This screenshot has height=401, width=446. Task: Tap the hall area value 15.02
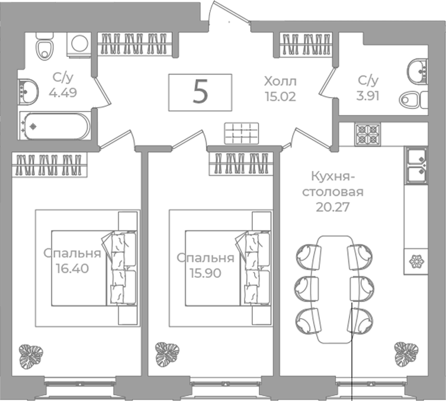pos(281,97)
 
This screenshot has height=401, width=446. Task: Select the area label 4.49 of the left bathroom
pos(63,92)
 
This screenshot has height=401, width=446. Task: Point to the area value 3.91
pos(368,96)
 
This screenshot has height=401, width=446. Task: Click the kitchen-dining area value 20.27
pos(332,207)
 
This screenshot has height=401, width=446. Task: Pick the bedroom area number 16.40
pos(72,268)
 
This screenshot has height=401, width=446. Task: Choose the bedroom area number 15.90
pos(206,273)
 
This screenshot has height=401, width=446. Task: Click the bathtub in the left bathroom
pos(55,126)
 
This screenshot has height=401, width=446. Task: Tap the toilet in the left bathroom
pos(44,46)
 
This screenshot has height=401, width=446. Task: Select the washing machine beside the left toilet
pos(79,45)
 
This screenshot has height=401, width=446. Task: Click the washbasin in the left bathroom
pos(28,91)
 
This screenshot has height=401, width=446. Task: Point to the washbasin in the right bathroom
pos(418,72)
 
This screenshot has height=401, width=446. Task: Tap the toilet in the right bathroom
pos(413,100)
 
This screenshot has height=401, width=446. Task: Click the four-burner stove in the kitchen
pos(368,134)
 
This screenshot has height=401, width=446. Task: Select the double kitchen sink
pos(416,165)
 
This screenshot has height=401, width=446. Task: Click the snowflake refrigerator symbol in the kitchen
pos(416,261)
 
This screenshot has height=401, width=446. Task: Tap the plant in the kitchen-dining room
pos(406,354)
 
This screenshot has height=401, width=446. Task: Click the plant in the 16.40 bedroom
pos(31,357)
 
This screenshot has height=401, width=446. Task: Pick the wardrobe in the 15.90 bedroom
pos(241,164)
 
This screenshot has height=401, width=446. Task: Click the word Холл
pos(280,82)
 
